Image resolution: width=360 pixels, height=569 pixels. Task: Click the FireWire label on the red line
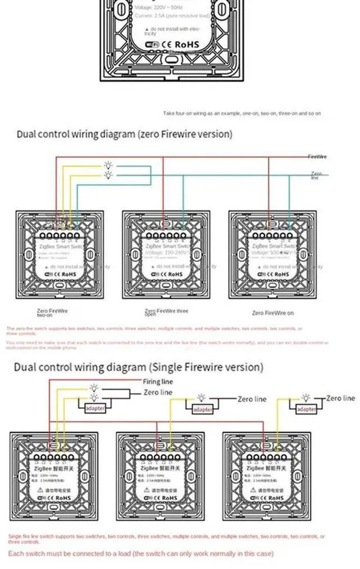317,156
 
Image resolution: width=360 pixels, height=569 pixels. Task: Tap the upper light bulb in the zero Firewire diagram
108,165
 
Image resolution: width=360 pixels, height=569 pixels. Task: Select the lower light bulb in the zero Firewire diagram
108,175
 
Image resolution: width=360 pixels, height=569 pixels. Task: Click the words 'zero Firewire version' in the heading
185,134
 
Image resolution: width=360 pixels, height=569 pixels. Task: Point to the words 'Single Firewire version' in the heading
206,367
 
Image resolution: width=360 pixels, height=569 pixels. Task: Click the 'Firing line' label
158,382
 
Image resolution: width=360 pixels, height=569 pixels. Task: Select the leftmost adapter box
95,408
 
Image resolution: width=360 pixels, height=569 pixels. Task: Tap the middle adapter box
203,409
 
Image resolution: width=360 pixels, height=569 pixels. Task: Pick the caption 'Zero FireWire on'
273,313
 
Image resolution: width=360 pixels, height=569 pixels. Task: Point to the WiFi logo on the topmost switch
152,44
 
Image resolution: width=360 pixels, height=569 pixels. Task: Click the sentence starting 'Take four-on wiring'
242,114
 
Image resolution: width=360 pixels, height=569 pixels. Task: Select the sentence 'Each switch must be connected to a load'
141,553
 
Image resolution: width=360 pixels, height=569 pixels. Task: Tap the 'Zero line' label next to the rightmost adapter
341,398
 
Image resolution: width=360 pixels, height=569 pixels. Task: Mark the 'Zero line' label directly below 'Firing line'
158,392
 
